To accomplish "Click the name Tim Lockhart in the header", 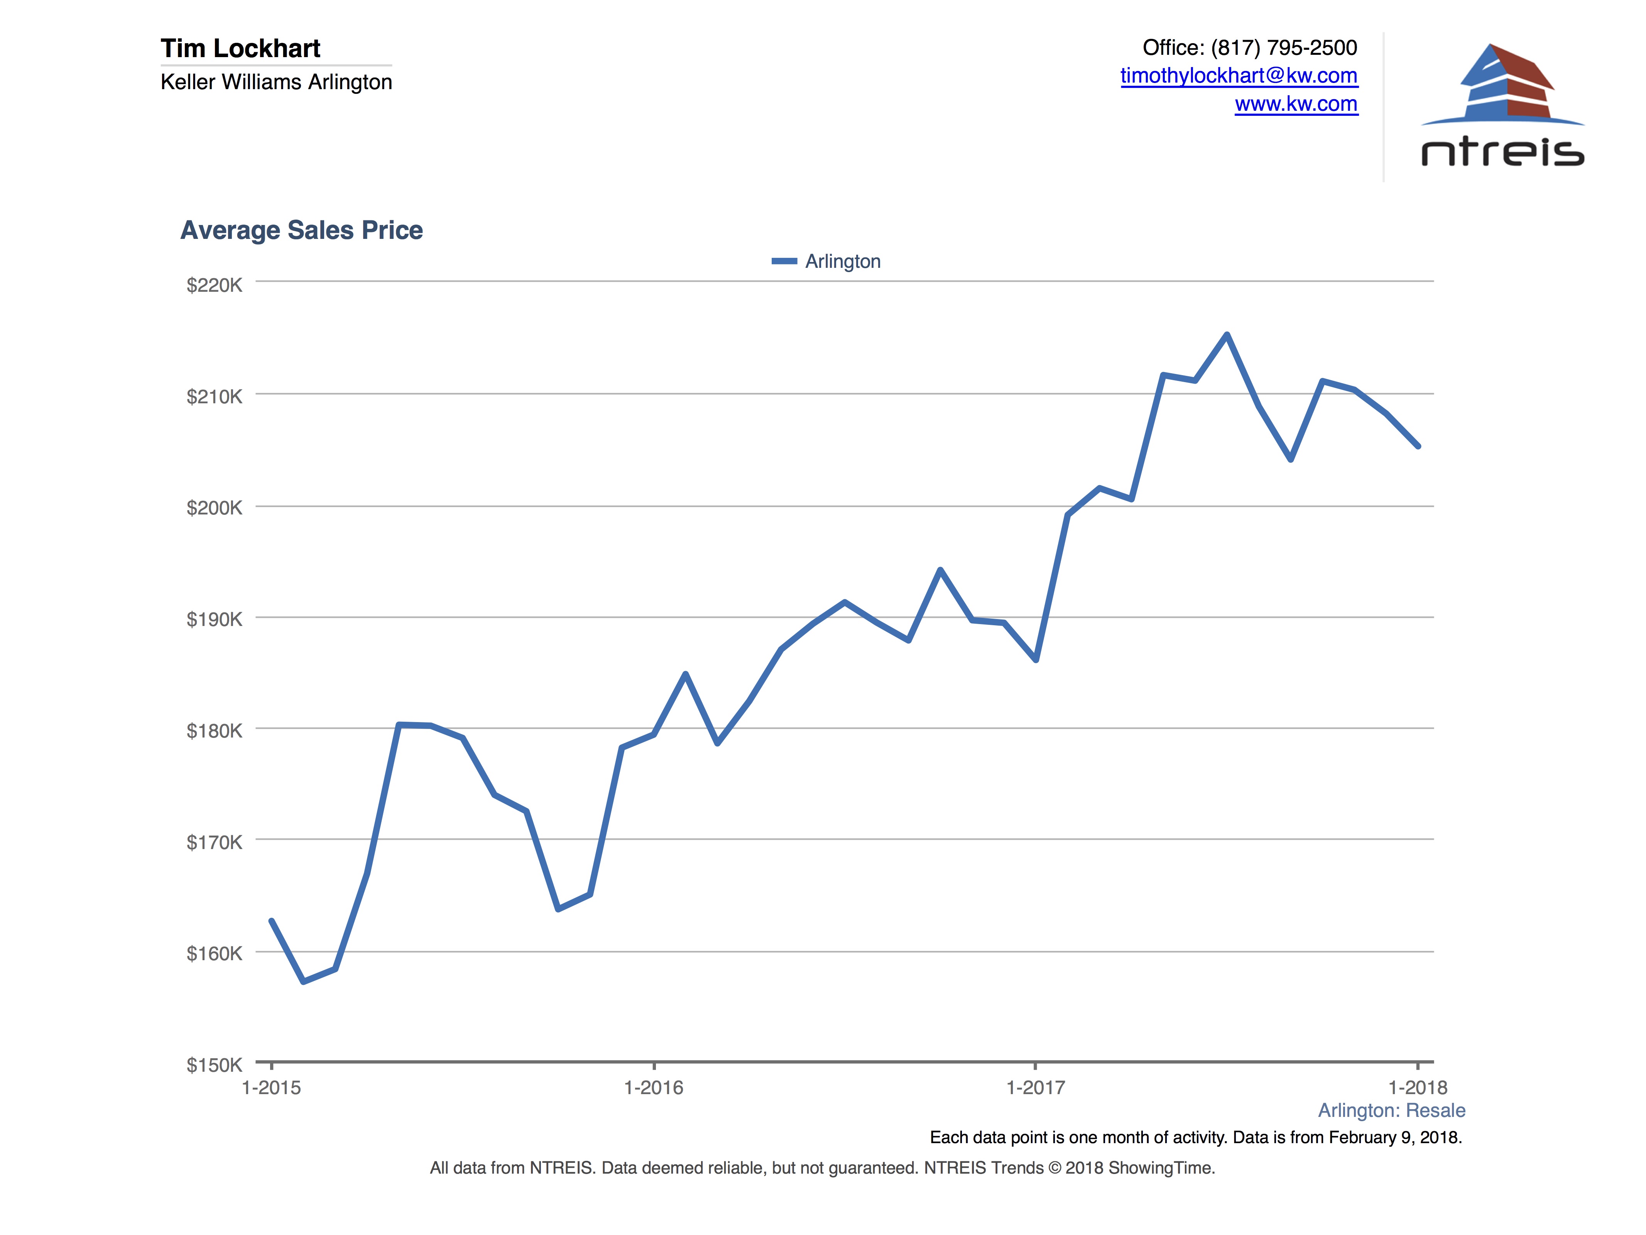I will coord(240,48).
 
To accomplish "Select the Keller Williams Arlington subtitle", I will coord(276,82).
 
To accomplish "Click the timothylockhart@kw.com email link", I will coord(1238,76).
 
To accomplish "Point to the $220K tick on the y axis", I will coord(214,285).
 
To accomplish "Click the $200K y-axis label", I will coord(214,508).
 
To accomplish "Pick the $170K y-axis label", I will coord(214,842).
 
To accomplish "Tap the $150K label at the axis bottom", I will coord(214,1064).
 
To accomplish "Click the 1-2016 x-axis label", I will coord(653,1088).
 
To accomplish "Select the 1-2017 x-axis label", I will coord(1035,1088).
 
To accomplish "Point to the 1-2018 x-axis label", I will coord(1418,1088).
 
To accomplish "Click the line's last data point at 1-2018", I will coord(1418,446).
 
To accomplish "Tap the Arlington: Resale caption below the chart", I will coord(1391,1111).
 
